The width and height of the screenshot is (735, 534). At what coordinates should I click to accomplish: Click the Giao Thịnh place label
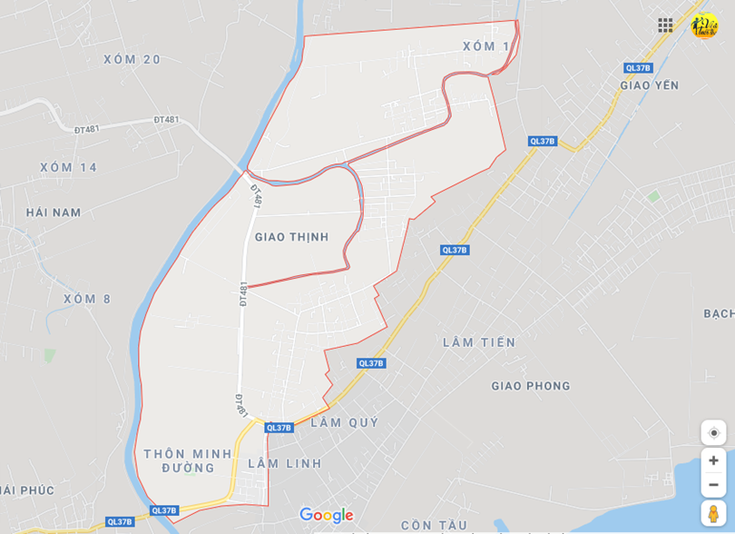click(x=291, y=237)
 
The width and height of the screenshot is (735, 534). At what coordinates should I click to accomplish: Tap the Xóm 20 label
click(x=132, y=60)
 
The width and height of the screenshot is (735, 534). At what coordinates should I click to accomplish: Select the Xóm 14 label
click(x=68, y=167)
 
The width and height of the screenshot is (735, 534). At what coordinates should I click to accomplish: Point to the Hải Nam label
click(x=54, y=213)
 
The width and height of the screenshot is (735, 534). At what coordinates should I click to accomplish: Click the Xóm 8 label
click(x=87, y=299)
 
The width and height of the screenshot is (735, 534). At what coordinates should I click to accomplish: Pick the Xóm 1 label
click(x=485, y=46)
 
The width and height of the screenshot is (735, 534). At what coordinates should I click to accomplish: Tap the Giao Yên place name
click(x=649, y=85)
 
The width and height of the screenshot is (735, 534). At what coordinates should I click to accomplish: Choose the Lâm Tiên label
click(x=479, y=342)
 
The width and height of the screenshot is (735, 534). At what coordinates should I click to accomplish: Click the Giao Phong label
click(x=531, y=386)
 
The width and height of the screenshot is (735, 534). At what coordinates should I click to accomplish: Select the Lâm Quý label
click(x=344, y=422)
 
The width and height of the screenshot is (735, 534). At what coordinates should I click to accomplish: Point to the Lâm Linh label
click(x=285, y=463)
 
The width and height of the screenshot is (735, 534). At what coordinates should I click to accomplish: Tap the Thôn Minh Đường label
click(x=188, y=460)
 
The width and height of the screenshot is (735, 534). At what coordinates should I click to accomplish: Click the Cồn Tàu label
click(x=434, y=525)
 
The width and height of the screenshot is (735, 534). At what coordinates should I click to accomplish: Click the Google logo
click(x=326, y=516)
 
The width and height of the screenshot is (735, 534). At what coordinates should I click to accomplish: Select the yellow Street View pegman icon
click(x=713, y=513)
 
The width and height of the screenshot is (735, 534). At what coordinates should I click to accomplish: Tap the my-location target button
click(x=713, y=432)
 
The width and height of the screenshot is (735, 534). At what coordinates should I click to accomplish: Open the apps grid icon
click(x=665, y=25)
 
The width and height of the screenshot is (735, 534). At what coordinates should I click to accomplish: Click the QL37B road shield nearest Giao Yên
click(x=638, y=68)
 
